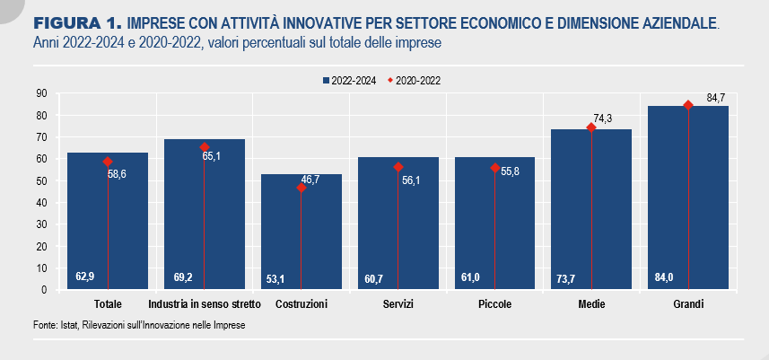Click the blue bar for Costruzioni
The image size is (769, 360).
(x=301, y=232)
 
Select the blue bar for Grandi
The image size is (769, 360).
(x=688, y=198)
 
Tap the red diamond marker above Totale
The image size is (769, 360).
(x=108, y=162)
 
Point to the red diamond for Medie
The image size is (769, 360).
(x=591, y=127)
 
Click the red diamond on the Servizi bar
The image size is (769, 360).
(x=398, y=167)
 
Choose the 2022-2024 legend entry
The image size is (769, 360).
(x=349, y=82)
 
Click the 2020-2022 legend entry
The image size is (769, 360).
(x=415, y=82)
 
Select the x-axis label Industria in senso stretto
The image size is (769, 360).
(x=205, y=304)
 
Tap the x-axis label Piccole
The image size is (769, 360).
(x=494, y=304)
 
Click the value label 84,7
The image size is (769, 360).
(x=715, y=98)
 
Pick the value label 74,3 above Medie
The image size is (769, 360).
(x=603, y=119)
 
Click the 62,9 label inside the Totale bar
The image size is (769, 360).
(x=85, y=277)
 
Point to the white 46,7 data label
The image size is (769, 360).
(x=310, y=180)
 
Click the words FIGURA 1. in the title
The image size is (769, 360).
(x=77, y=22)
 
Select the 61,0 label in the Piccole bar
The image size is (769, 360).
(x=470, y=277)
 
